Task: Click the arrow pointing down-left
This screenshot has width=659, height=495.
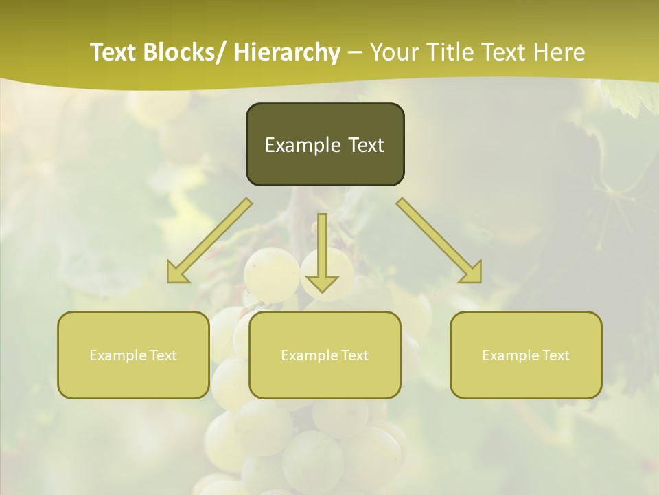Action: (209, 241)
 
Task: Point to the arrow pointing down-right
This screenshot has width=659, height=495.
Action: (439, 241)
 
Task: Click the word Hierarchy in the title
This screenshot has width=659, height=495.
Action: (287, 52)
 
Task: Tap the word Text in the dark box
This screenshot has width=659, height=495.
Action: (365, 145)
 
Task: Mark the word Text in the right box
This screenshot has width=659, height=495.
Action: (555, 355)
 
